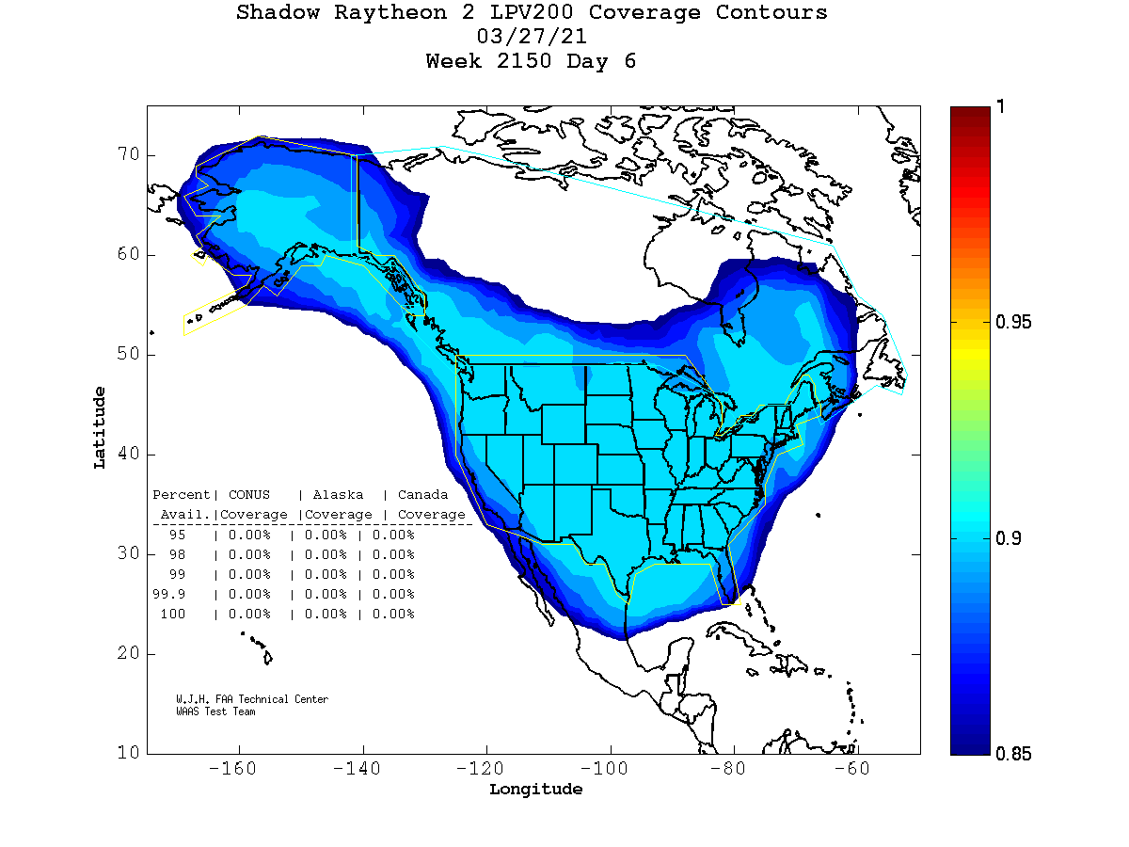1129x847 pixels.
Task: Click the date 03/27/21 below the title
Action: click(x=532, y=38)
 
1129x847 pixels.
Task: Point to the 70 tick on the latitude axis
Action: click(x=129, y=155)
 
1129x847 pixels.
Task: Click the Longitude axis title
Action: click(x=535, y=790)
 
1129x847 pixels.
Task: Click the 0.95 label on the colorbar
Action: click(x=1014, y=323)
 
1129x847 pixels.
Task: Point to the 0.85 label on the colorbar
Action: click(x=1014, y=754)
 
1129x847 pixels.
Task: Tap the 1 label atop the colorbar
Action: click(x=1001, y=107)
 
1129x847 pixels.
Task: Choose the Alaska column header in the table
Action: click(x=338, y=495)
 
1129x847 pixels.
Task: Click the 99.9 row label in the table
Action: click(x=169, y=595)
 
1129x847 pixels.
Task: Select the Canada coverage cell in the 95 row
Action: click(x=393, y=535)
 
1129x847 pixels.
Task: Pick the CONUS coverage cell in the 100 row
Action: click(x=249, y=615)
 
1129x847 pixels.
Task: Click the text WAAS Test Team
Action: click(x=215, y=711)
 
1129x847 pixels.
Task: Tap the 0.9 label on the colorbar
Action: click(x=1010, y=538)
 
